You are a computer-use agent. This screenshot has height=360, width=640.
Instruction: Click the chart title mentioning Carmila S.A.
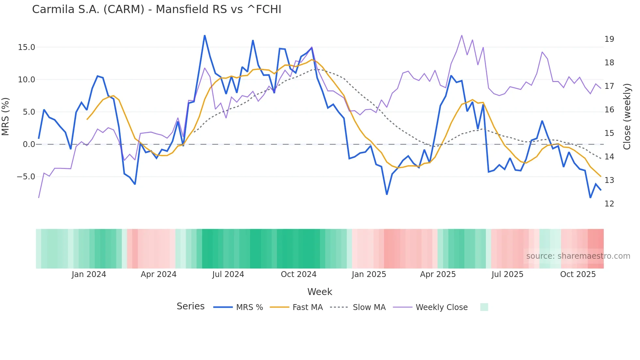pyautogui.click(x=156, y=9)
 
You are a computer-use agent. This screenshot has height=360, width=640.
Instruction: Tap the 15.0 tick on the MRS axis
pyautogui.click(x=26, y=47)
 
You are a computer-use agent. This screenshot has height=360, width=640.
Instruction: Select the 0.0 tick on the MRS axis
pyautogui.click(x=29, y=144)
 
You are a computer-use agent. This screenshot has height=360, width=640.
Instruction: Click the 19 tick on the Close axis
pyautogui.click(x=609, y=39)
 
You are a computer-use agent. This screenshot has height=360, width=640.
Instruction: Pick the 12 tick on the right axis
pyautogui.click(x=609, y=204)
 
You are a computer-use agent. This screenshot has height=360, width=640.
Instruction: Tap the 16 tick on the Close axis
pyautogui.click(x=609, y=110)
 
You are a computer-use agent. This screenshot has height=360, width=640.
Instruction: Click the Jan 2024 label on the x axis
pyautogui.click(x=89, y=274)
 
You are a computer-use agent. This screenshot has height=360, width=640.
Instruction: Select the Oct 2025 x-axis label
pyautogui.click(x=578, y=274)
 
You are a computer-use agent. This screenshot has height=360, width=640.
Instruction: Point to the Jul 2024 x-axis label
pyautogui.click(x=228, y=274)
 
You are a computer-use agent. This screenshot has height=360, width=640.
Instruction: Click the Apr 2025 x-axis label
pyautogui.click(x=438, y=274)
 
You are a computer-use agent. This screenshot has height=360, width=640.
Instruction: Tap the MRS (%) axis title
pyautogui.click(x=6, y=116)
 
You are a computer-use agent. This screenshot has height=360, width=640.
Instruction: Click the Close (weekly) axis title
pyautogui.click(x=627, y=116)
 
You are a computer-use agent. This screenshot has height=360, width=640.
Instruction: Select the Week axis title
pyautogui.click(x=320, y=292)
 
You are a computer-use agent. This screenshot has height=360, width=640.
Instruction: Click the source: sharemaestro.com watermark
pyautogui.click(x=578, y=256)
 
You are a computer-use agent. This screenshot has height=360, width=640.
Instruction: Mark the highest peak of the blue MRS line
pyautogui.click(x=204, y=35)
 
